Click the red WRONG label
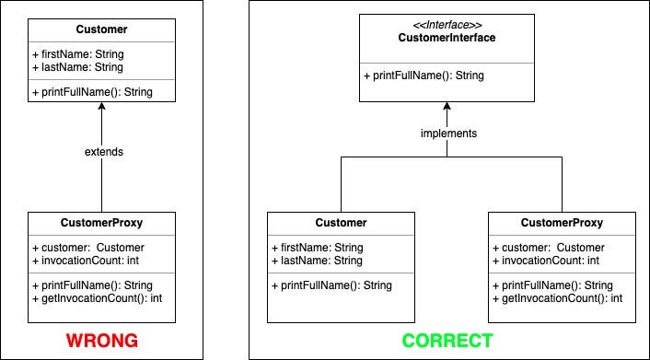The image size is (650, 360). pyautogui.click(x=102, y=341)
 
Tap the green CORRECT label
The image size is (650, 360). pyautogui.click(x=447, y=341)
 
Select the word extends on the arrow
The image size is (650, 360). pyautogui.click(x=104, y=152)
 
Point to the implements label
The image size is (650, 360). pyautogui.click(x=448, y=134)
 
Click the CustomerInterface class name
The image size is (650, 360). pyautogui.click(x=447, y=38)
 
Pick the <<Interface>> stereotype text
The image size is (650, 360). pyautogui.click(x=447, y=25)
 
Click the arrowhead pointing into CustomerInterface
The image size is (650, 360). pyautogui.click(x=447, y=106)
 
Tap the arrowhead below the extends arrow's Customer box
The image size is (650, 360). pyautogui.click(x=101, y=106)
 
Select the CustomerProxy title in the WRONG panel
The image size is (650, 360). pyautogui.click(x=101, y=223)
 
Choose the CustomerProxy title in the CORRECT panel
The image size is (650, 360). pyautogui.click(x=562, y=223)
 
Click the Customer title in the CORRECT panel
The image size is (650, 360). pyautogui.click(x=341, y=223)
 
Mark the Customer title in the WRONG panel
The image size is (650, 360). pyautogui.click(x=101, y=29)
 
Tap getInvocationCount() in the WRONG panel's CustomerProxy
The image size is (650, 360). pyautogui.click(x=97, y=298)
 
